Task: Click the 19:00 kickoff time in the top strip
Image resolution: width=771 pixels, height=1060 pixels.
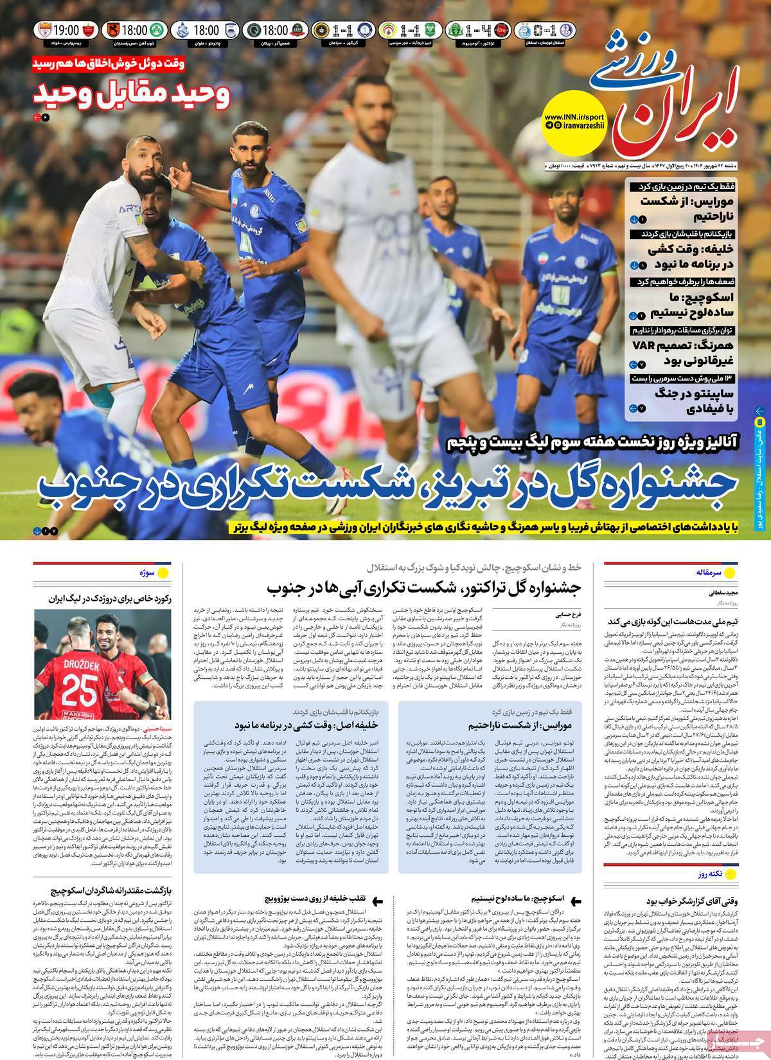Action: (x=66, y=30)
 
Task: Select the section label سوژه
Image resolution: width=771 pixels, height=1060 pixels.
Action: (x=144, y=571)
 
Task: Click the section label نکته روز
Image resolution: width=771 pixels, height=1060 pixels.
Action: (x=709, y=875)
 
